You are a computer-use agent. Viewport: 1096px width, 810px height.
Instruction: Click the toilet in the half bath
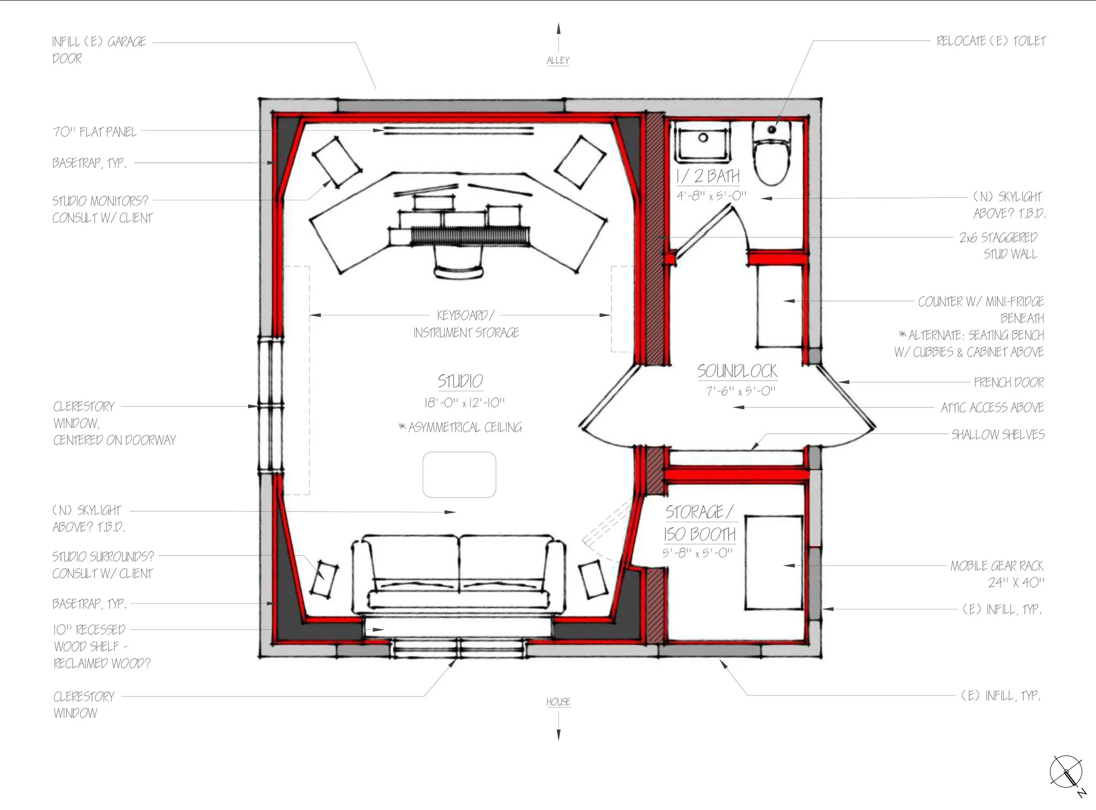pyautogui.click(x=772, y=153)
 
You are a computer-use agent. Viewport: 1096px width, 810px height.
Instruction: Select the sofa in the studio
pyautogui.click(x=458, y=574)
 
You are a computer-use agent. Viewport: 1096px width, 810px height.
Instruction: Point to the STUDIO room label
pyautogui.click(x=460, y=381)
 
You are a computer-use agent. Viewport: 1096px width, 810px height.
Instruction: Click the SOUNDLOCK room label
pyautogui.click(x=737, y=371)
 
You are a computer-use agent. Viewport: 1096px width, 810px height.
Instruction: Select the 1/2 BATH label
pyautogui.click(x=708, y=176)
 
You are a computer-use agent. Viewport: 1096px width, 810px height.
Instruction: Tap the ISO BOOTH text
pyautogui.click(x=700, y=534)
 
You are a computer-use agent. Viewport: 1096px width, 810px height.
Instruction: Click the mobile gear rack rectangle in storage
pyautogui.click(x=774, y=562)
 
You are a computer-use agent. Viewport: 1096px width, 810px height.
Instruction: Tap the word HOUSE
pyautogui.click(x=559, y=702)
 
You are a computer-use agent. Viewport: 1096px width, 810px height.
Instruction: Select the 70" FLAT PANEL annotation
pyautogui.click(x=95, y=132)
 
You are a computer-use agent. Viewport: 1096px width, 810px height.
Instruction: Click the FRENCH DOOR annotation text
pyautogui.click(x=1009, y=382)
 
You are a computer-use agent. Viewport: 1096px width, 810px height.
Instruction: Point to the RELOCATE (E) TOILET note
pyautogui.click(x=991, y=41)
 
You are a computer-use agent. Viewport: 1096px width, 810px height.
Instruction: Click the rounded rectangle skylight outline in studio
pyautogui.click(x=459, y=474)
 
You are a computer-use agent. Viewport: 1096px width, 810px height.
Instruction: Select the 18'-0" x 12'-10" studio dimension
pyautogui.click(x=464, y=403)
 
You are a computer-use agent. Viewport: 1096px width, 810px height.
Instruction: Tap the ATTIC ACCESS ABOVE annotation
pyautogui.click(x=992, y=407)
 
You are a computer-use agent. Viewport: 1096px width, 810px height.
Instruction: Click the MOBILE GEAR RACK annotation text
pyautogui.click(x=997, y=566)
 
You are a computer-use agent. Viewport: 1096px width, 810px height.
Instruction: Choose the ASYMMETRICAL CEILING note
pyautogui.click(x=460, y=428)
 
